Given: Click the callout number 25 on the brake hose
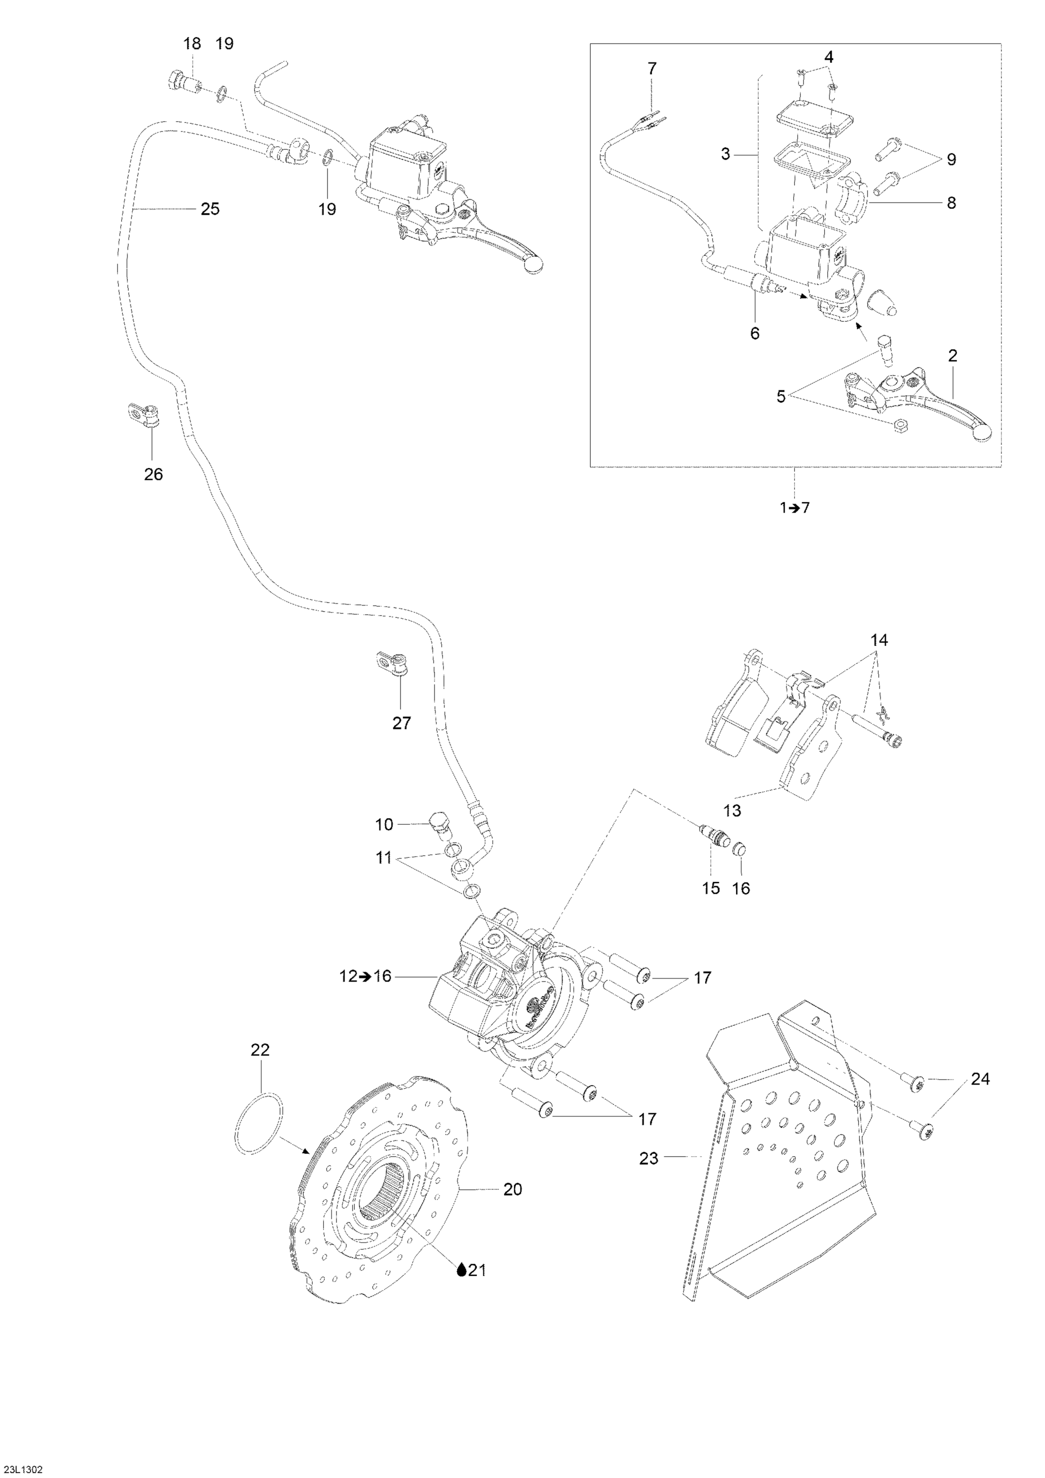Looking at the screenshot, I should (x=210, y=209).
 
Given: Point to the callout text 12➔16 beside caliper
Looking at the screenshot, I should (x=365, y=995).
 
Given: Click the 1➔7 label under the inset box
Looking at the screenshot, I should (x=794, y=507).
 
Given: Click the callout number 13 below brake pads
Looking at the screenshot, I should (x=732, y=810).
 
